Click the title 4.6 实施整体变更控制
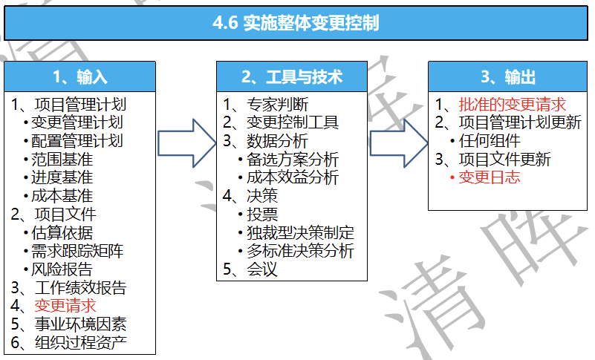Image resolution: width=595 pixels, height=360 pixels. click(x=296, y=23)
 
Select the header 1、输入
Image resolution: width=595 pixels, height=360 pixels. click(x=80, y=77)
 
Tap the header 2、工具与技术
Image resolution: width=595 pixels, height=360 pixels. click(x=292, y=77)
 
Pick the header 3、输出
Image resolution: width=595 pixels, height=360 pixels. click(x=508, y=77)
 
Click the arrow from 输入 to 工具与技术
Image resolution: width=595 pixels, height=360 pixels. click(x=186, y=143)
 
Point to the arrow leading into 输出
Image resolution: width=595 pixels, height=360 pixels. click(x=399, y=143)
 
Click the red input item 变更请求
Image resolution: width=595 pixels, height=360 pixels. click(x=65, y=306)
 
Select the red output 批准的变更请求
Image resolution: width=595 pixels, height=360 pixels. click(x=513, y=105)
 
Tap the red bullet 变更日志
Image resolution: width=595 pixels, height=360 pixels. click(x=489, y=177)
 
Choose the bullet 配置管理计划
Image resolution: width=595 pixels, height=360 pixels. click(x=77, y=141)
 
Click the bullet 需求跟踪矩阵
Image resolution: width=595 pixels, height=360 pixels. click(x=77, y=251)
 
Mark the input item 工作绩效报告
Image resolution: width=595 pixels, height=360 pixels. click(x=80, y=287)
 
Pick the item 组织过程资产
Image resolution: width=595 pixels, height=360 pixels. click(x=80, y=342)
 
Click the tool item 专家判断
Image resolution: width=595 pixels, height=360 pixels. click(x=277, y=105)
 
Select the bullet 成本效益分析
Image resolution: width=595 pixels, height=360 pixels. click(x=293, y=177)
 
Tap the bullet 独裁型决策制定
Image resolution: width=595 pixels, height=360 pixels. click(x=300, y=232)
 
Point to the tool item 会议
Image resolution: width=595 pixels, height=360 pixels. click(x=261, y=269)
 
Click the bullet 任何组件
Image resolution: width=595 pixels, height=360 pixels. click(x=489, y=141)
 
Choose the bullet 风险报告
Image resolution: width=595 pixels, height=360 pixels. click(x=62, y=269)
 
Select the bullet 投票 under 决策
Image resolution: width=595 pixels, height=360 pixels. click(x=261, y=215)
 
